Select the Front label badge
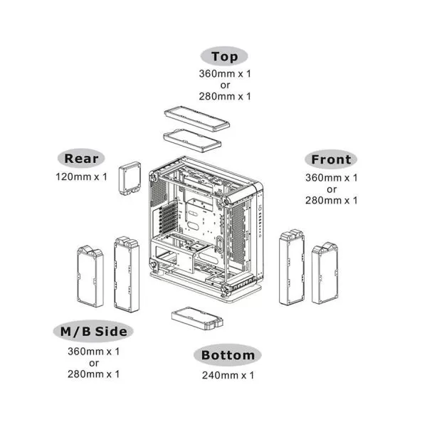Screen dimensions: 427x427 pos(331,159)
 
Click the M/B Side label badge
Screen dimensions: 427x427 pos(93,332)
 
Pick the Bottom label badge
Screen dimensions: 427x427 pos(228,355)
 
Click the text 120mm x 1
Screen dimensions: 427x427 pos(81,176)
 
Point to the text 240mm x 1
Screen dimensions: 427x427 pos(228,375)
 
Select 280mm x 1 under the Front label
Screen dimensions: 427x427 pos(331,201)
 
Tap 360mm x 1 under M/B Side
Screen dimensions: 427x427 pos(93,351)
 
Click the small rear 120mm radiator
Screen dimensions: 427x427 pos(132,177)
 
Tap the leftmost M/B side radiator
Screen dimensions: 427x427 pos(90,277)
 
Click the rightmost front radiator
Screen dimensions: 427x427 pos(327,273)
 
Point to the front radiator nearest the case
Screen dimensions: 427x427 pos(292,266)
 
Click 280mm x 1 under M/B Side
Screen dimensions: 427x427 pos(93,373)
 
